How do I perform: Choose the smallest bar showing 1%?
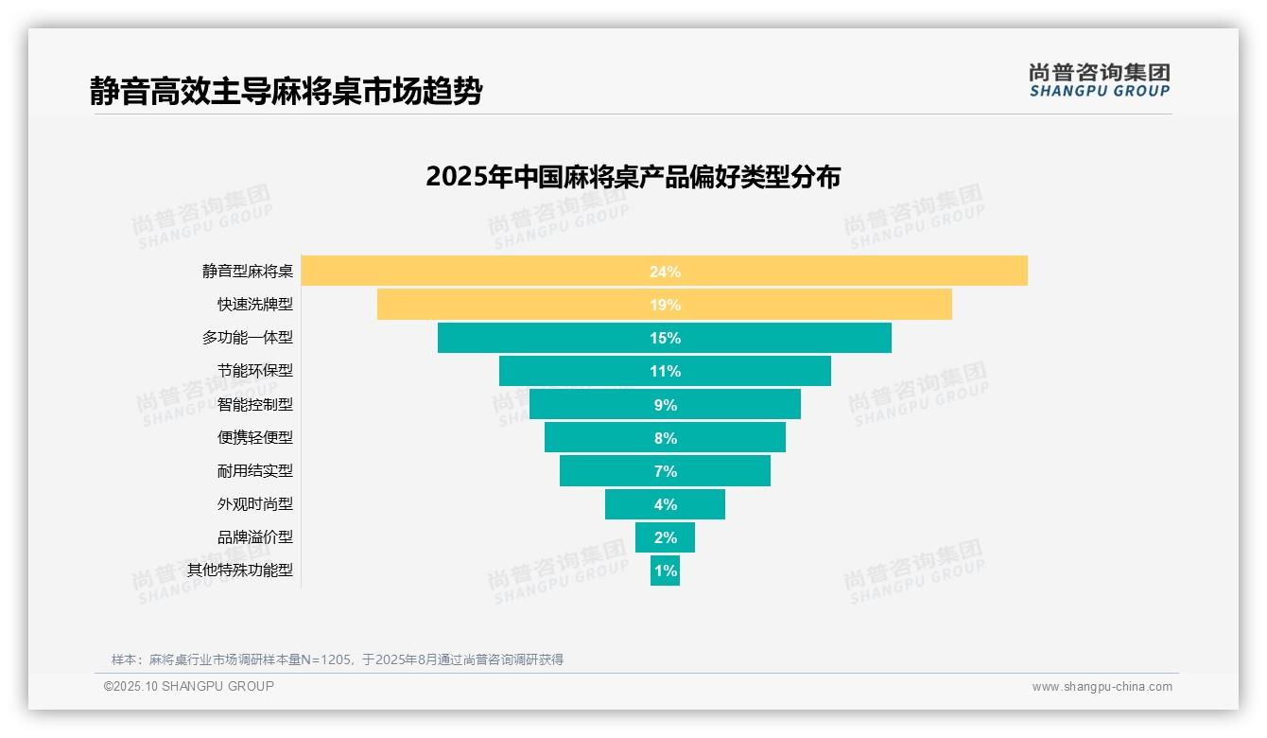665,571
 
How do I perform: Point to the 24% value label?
665,272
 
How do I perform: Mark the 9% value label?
665,405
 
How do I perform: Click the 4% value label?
665,504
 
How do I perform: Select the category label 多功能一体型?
247,338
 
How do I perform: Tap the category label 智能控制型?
254,404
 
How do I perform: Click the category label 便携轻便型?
254,437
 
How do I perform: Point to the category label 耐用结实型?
254,470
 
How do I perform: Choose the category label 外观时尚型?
254,503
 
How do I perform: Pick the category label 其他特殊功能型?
239,570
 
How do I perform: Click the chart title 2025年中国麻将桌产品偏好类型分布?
633,177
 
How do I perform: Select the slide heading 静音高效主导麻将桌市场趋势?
286,91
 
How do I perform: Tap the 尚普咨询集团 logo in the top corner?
1099,80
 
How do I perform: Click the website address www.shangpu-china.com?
1102,687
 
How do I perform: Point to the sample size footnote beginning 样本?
337,659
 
